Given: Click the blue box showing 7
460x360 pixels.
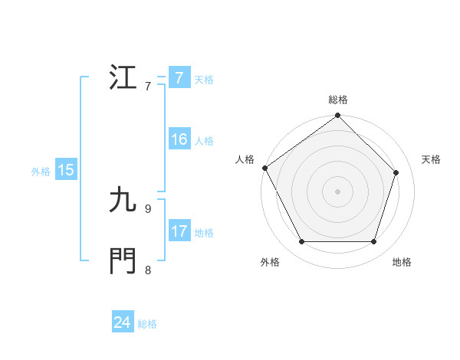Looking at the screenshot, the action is click(179, 78).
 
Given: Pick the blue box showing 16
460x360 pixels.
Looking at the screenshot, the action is click(179, 140).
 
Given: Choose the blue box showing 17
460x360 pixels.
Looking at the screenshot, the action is click(179, 232).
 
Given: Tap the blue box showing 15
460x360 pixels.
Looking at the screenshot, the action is click(66, 171).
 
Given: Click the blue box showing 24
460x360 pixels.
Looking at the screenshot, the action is click(122, 323).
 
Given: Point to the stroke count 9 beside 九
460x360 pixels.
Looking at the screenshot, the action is click(147, 208).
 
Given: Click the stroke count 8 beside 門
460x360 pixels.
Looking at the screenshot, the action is click(147, 270).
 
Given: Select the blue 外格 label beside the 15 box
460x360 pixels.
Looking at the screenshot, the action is click(41, 172).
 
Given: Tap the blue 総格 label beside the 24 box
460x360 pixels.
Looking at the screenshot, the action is click(147, 324).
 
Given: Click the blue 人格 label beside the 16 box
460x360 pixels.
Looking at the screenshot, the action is click(204, 141).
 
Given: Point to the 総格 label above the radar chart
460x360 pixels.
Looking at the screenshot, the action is click(338, 100).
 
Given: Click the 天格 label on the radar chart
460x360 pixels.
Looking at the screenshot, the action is click(432, 159).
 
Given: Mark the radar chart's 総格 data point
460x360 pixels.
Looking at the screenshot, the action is click(338, 116).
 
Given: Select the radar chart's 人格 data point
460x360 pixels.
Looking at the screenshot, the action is click(264, 168).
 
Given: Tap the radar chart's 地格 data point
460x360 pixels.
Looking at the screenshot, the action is click(374, 242).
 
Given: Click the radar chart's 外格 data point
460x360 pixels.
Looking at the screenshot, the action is click(301, 242).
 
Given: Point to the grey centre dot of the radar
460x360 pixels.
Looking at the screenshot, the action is click(338, 191).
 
